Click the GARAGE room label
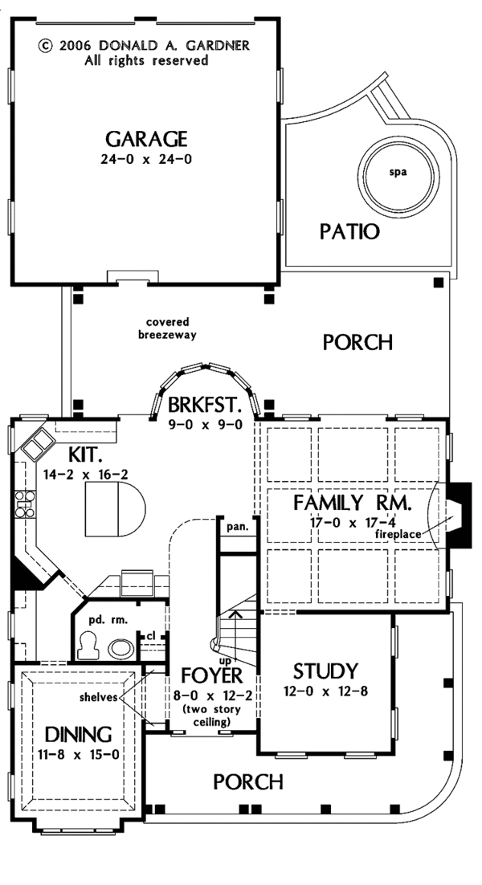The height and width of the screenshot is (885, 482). point(145,137)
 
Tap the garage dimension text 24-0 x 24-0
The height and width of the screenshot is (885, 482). point(145,158)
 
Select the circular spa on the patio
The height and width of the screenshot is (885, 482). point(399,171)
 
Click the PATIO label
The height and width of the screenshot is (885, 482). point(349,232)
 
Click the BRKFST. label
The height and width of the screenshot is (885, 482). point(204,405)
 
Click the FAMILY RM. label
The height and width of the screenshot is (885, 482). point(352,504)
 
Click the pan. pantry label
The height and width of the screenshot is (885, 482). point(237,528)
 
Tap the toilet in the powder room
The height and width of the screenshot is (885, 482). point(88,642)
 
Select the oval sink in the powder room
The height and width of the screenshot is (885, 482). point(122,647)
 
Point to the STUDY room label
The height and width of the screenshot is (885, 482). point(325,671)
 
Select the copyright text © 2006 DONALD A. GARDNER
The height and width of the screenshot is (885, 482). point(144,46)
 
